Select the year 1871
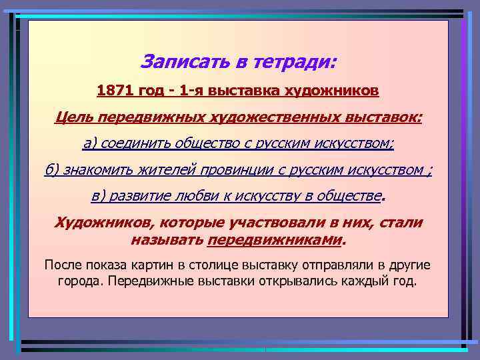coord(115,90)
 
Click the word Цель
coord(72,117)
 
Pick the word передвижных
coord(141,117)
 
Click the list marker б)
coord(53,170)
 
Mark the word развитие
coord(141,197)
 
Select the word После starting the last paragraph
coord(63,265)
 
